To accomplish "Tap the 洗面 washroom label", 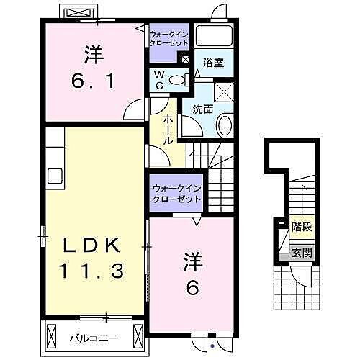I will tap(202, 109).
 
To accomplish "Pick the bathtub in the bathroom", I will tap(214, 37).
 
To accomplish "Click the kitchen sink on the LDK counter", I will tap(55, 176).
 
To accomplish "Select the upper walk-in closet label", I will tap(168, 38).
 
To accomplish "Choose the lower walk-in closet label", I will tap(176, 194).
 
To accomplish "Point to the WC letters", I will tap(160, 79).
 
